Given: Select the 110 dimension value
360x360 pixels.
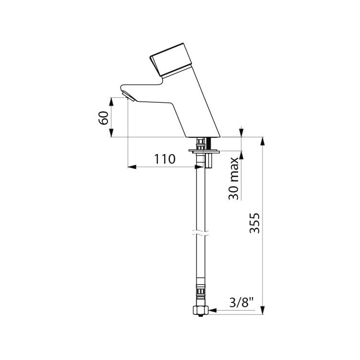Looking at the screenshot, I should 165,158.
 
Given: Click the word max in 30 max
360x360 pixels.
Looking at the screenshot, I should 234,168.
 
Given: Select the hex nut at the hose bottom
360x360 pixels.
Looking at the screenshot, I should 200,311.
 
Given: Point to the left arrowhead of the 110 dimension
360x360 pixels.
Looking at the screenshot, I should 131,167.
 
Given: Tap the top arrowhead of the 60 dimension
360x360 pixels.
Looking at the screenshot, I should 111,100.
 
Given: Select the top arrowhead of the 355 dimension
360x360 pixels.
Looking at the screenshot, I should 263,141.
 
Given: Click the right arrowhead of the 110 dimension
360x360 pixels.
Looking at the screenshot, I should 197,167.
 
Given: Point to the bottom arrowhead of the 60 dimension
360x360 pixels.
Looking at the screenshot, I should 111,135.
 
